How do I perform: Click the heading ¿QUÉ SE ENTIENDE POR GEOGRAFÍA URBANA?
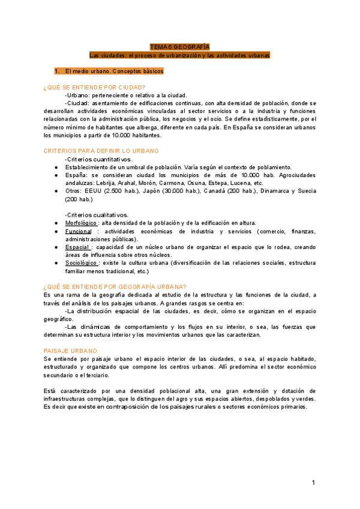[x=115, y=286]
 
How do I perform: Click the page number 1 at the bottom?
[x=313, y=483]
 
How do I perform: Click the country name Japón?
[x=156, y=190]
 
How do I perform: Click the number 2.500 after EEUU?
[x=114, y=190]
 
